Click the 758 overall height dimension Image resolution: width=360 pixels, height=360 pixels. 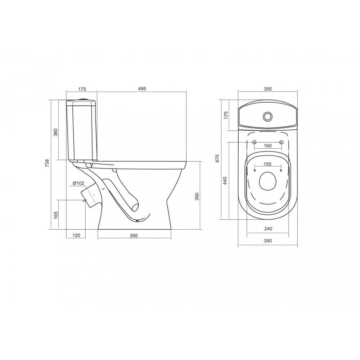pyautogui.click(x=47, y=163)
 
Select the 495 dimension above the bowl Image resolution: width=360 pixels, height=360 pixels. pyautogui.click(x=142, y=89)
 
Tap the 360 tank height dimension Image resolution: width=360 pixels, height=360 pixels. pyautogui.click(x=56, y=132)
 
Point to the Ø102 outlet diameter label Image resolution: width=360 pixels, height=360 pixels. pyautogui.click(x=78, y=183)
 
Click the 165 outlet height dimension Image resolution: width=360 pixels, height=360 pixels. pyautogui.click(x=56, y=215)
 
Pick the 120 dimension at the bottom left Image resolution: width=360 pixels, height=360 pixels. pyautogui.click(x=76, y=235)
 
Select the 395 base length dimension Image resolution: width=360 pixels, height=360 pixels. pyautogui.click(x=134, y=235)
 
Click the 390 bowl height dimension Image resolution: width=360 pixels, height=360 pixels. pyautogui.click(x=197, y=197)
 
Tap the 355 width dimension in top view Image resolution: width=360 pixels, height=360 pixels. pyautogui.click(x=268, y=89)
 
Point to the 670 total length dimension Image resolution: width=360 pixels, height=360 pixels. pyautogui.click(x=217, y=158)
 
